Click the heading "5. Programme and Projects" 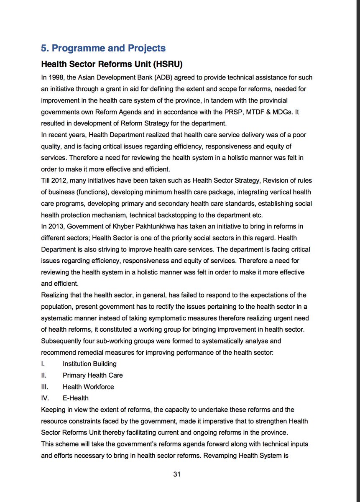103,48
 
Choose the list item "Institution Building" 89,364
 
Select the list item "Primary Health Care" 92,375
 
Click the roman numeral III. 45,387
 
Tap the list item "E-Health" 75,398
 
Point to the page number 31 176,474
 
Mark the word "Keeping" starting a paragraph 53,410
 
